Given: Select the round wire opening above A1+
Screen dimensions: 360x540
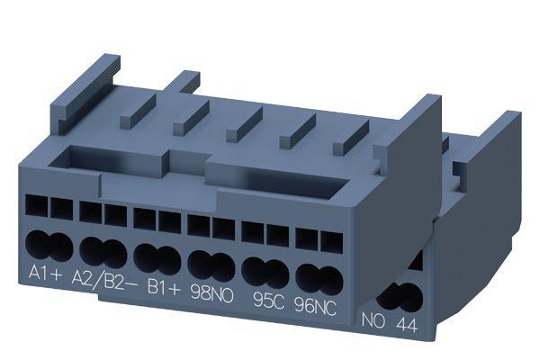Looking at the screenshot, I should pyautogui.click(x=50, y=245).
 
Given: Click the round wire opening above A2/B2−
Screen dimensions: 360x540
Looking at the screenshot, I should pyautogui.click(x=103, y=250).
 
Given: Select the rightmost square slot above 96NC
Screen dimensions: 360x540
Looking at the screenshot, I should pyautogui.click(x=332, y=241).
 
